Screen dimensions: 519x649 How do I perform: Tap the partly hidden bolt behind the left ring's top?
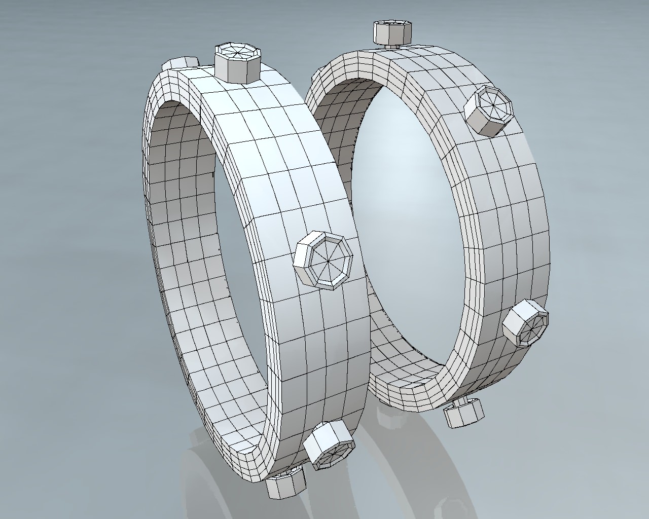coord(178,63)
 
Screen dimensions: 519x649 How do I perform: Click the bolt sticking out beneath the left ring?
coord(284,485)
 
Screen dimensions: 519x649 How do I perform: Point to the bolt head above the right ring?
coord(391,32)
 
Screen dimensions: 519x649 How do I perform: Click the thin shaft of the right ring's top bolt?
coord(391,46)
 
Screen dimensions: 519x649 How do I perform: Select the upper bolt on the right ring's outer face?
coord(490,111)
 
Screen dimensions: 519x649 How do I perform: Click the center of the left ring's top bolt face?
coord(237,52)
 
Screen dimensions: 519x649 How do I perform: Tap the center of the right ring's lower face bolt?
coord(532,324)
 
